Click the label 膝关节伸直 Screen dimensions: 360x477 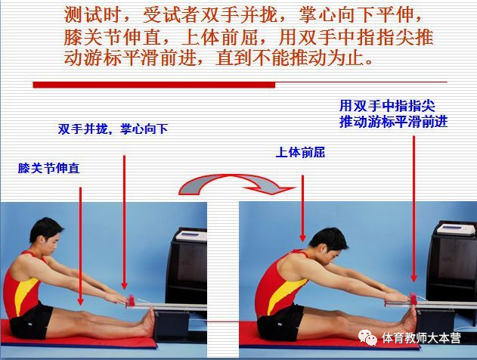coord(49,169)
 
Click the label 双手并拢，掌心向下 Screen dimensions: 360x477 coord(113,129)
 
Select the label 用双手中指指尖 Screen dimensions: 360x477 coord(393,107)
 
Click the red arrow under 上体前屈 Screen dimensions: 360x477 coord(302,204)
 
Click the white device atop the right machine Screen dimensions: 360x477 coord(456,235)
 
